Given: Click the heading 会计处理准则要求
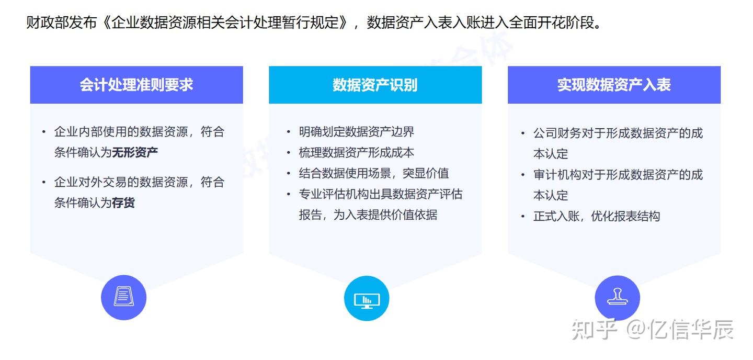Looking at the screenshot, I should (x=136, y=85).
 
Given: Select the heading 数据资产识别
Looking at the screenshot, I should (x=375, y=85).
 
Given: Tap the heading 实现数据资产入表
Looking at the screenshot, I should (x=614, y=85).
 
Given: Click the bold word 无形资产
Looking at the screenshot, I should (x=135, y=152).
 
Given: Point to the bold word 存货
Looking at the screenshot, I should (x=123, y=203).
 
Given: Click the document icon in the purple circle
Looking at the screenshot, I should (x=123, y=297).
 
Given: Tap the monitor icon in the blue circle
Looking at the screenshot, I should (x=367, y=298).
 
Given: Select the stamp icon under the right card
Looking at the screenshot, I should (x=617, y=298).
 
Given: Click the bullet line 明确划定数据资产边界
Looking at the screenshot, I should (x=356, y=131).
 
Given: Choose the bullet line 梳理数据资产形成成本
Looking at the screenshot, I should (x=356, y=152).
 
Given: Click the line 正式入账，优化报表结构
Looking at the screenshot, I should (x=596, y=216).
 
